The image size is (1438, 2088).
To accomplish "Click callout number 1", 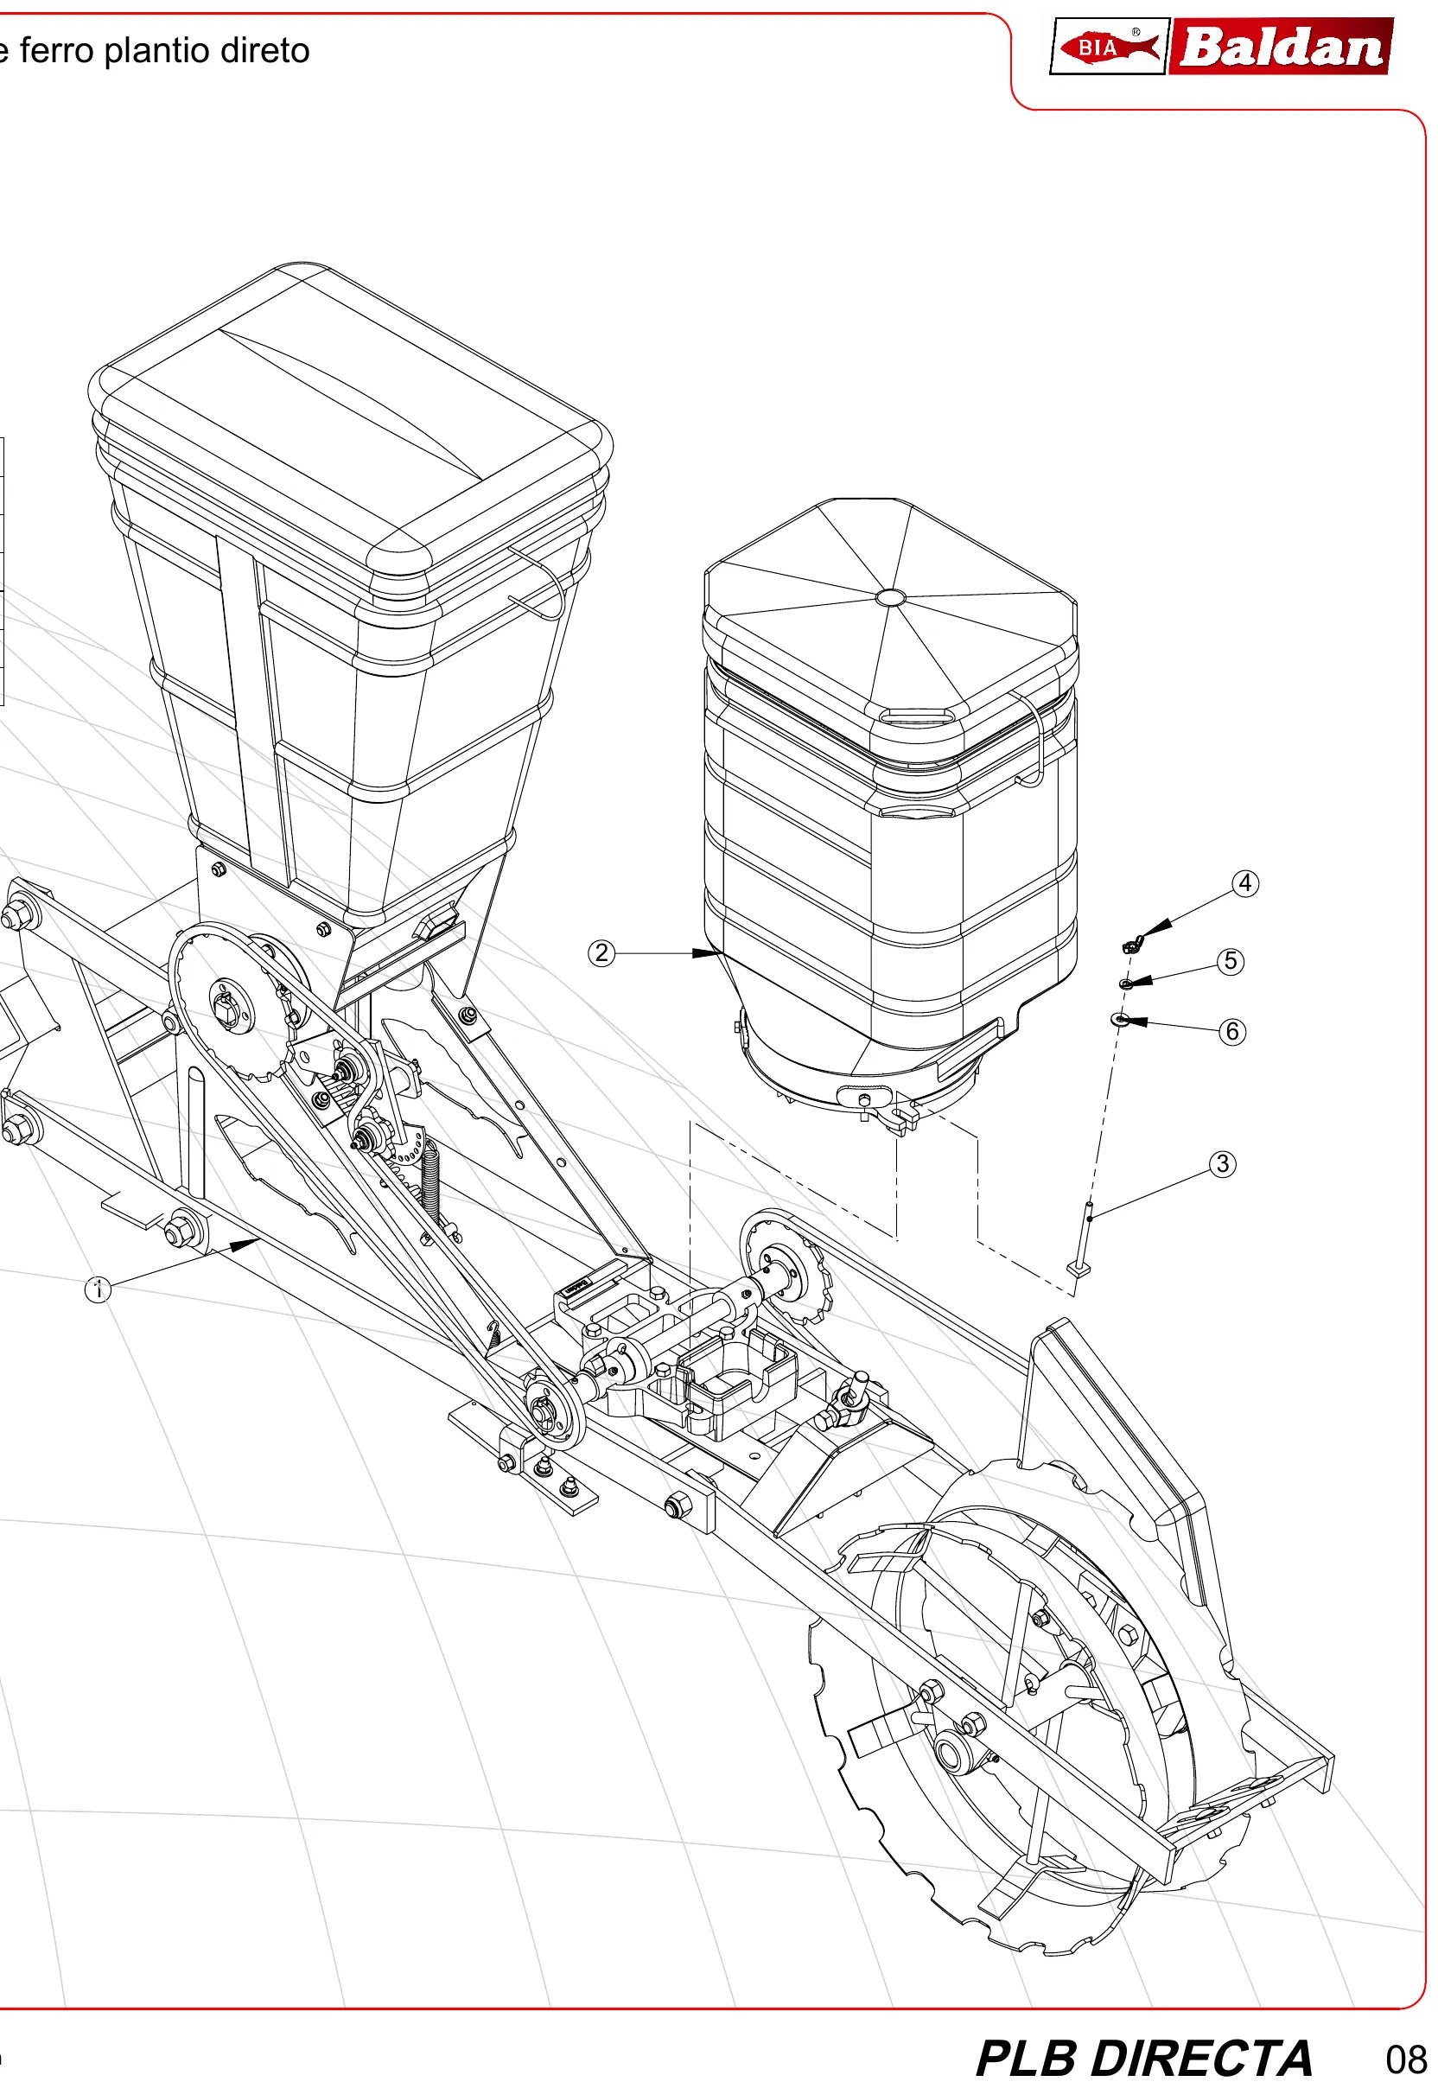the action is (99, 1290).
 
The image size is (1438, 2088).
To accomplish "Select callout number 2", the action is (601, 952).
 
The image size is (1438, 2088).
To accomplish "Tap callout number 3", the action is (1223, 1164).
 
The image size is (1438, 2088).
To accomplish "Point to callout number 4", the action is (1246, 883).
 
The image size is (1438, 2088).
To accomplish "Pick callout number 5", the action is (1231, 961).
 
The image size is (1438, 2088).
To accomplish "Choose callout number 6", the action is (1232, 1031).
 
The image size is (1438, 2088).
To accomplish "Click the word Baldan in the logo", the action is (1282, 47).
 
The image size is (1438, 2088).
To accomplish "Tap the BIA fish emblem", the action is (1109, 47).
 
